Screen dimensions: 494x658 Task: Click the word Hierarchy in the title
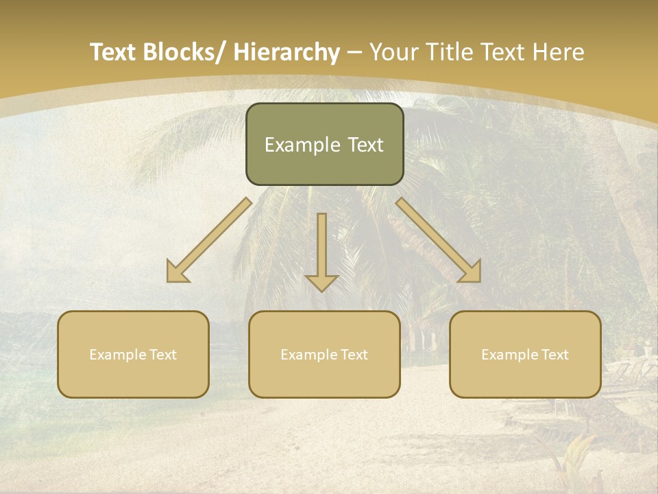(287, 52)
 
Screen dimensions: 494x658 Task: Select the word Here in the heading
(557, 52)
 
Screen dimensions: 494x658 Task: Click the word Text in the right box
(554, 355)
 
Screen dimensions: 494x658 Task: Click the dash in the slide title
(354, 52)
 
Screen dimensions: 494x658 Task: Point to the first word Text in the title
(114, 52)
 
